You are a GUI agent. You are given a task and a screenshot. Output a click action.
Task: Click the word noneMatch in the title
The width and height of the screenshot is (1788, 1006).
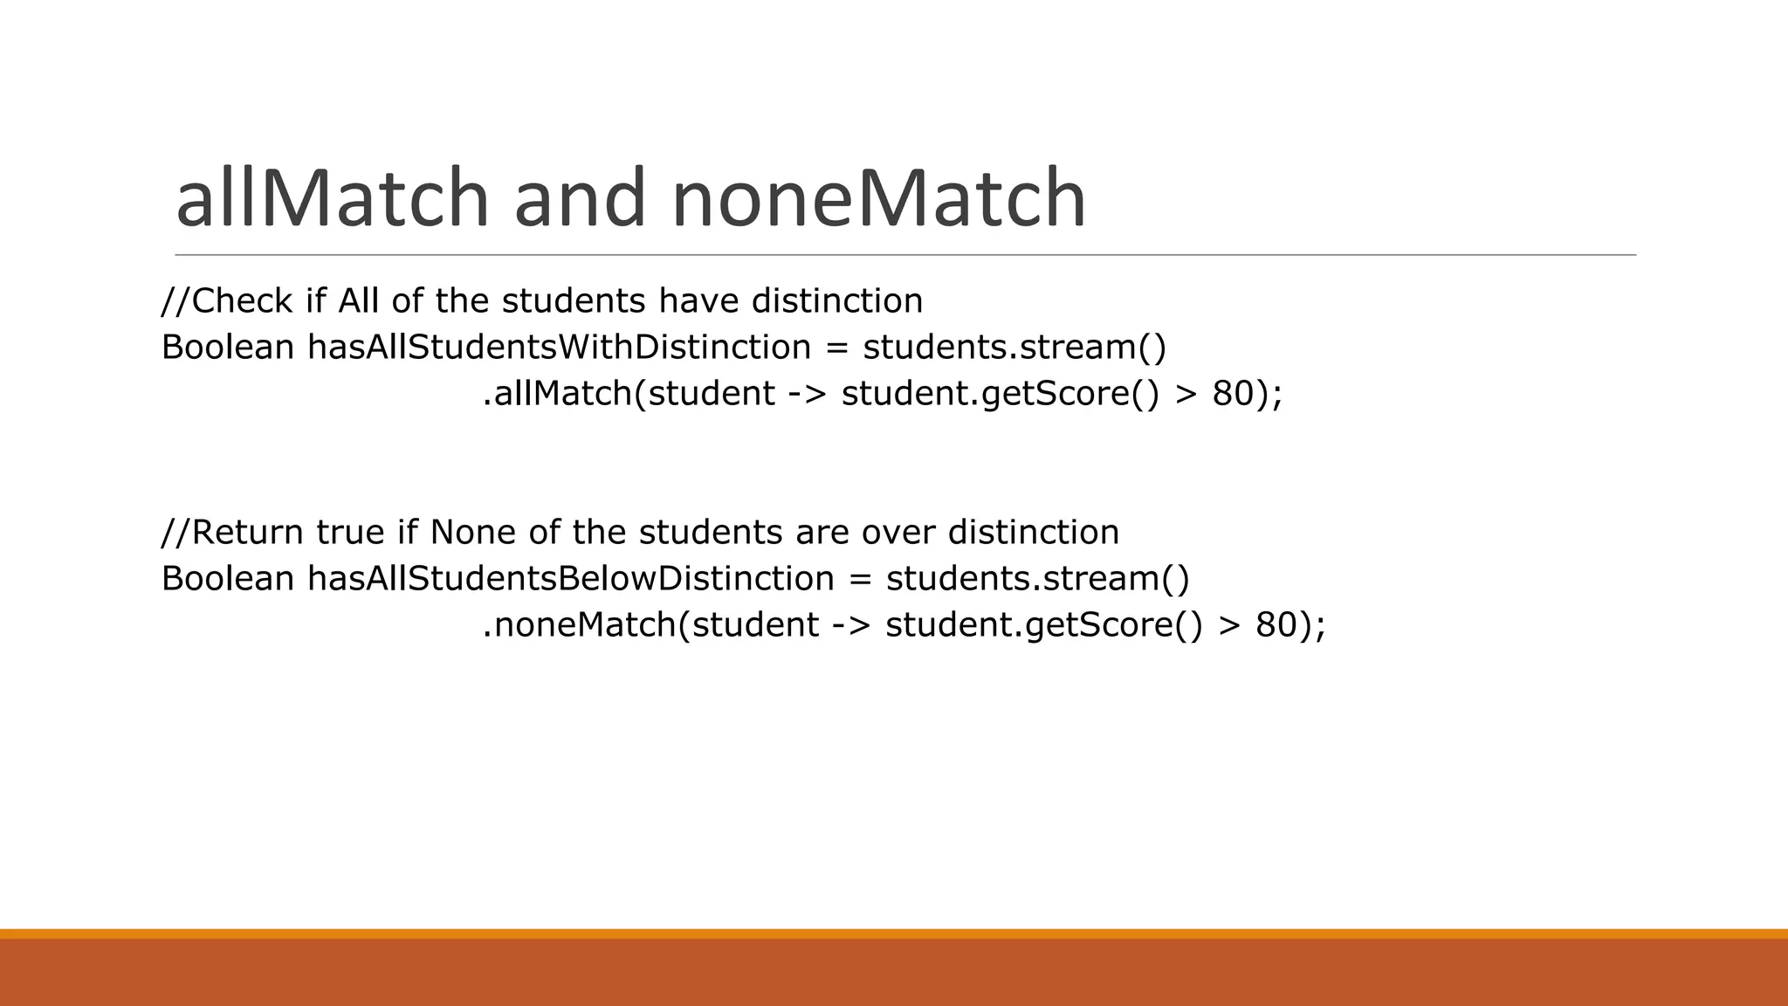(878, 199)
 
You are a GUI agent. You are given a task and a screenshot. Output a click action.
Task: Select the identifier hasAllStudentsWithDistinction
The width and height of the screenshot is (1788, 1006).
(559, 348)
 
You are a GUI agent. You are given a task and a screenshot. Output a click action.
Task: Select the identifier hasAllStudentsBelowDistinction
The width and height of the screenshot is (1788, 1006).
(571, 579)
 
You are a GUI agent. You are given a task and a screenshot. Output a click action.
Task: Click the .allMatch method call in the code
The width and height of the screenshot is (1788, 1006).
(557, 394)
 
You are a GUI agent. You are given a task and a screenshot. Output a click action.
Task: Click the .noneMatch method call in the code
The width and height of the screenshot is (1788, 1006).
(579, 625)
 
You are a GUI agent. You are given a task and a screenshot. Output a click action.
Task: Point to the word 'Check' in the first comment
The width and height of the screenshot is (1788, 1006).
(242, 301)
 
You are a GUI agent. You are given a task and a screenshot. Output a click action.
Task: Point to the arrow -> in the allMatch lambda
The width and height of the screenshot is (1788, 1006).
(807, 394)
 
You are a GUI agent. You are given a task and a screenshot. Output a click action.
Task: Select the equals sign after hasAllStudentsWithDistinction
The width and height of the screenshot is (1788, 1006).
(836, 348)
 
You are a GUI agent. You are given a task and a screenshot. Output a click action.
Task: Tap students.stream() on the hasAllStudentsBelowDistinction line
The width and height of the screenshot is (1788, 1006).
(1037, 579)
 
